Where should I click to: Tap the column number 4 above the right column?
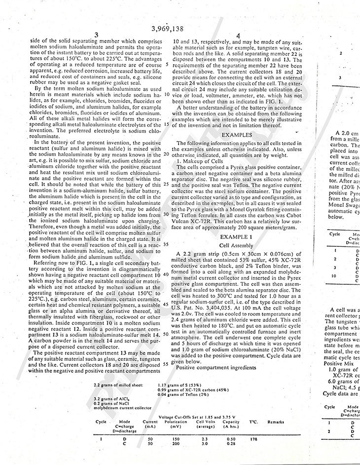pos(238,36)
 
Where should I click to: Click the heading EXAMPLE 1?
pos(238,237)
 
